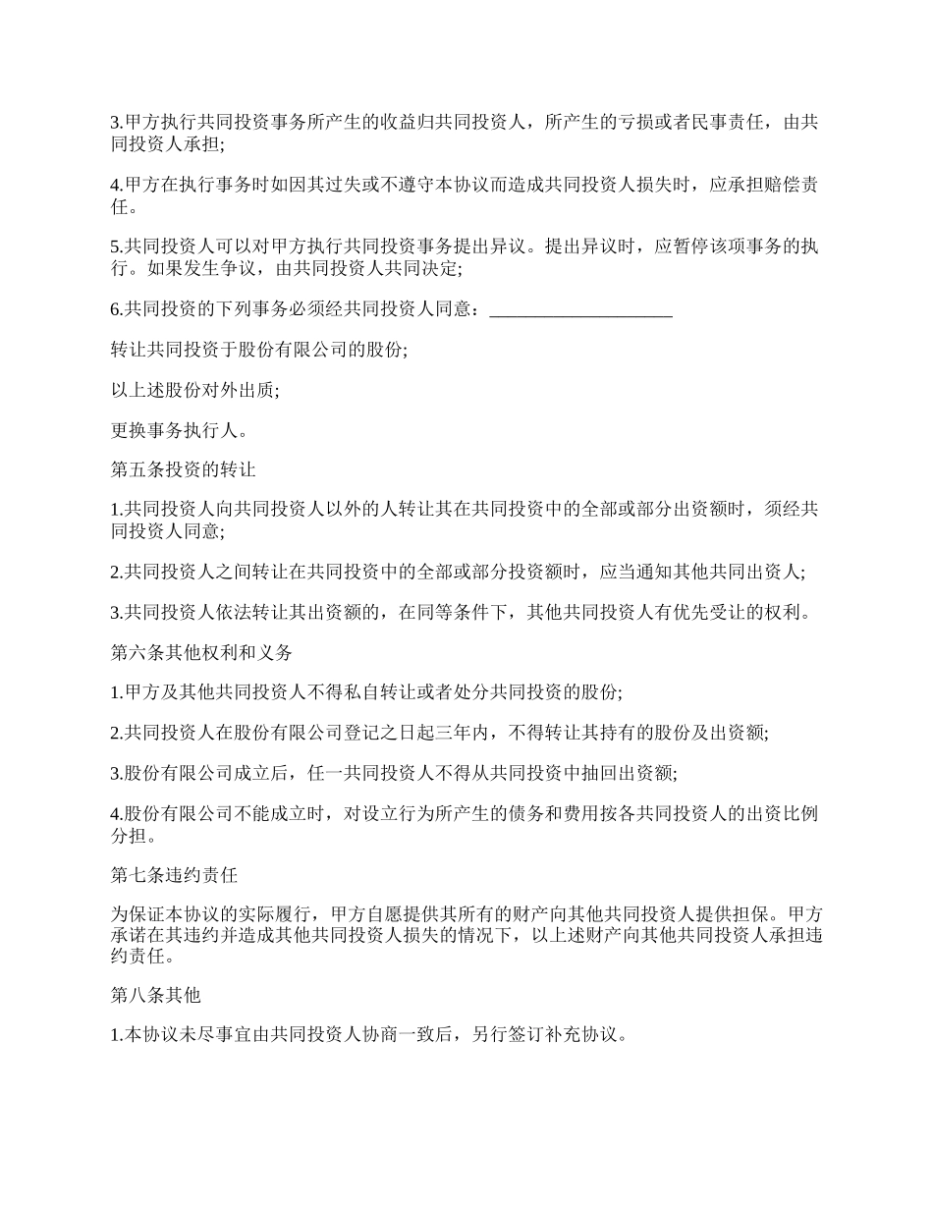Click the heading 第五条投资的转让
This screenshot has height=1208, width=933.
pos(184,469)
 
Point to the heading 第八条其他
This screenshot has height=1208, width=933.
pos(156,995)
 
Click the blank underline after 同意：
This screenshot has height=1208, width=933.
pos(580,310)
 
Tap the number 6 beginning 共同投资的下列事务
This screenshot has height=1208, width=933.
pos(115,310)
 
